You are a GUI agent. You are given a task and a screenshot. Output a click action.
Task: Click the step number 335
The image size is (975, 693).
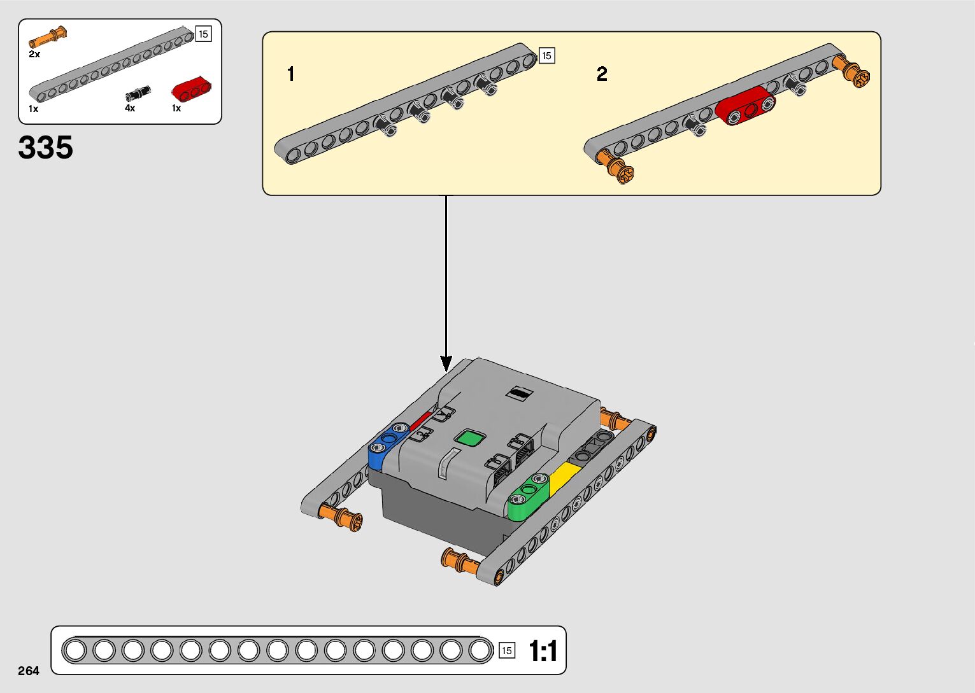tap(46, 148)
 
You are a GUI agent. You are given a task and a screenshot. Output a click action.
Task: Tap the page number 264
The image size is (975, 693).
tap(29, 671)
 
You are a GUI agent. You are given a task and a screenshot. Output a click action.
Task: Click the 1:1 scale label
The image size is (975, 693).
tap(543, 651)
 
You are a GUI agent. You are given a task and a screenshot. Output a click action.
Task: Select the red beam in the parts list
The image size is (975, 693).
tap(192, 90)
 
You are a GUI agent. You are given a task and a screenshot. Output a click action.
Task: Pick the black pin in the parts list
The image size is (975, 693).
tap(138, 94)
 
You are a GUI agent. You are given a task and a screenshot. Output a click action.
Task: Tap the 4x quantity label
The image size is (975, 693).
tap(130, 108)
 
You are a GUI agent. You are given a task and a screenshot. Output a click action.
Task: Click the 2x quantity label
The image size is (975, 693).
tap(34, 55)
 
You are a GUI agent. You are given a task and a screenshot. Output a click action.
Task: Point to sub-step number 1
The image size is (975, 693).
tap(291, 74)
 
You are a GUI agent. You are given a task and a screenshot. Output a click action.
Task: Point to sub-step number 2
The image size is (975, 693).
tap(602, 74)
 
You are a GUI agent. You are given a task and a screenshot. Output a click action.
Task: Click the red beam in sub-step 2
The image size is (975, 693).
tap(745, 107)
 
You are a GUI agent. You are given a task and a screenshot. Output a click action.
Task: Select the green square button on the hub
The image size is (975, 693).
tap(470, 438)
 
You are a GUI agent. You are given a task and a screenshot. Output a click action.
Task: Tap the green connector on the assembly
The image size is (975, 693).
tap(528, 496)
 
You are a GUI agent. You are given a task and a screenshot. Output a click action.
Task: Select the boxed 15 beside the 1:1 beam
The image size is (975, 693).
tap(507, 650)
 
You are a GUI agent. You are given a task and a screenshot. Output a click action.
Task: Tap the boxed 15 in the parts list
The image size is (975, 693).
tap(203, 34)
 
